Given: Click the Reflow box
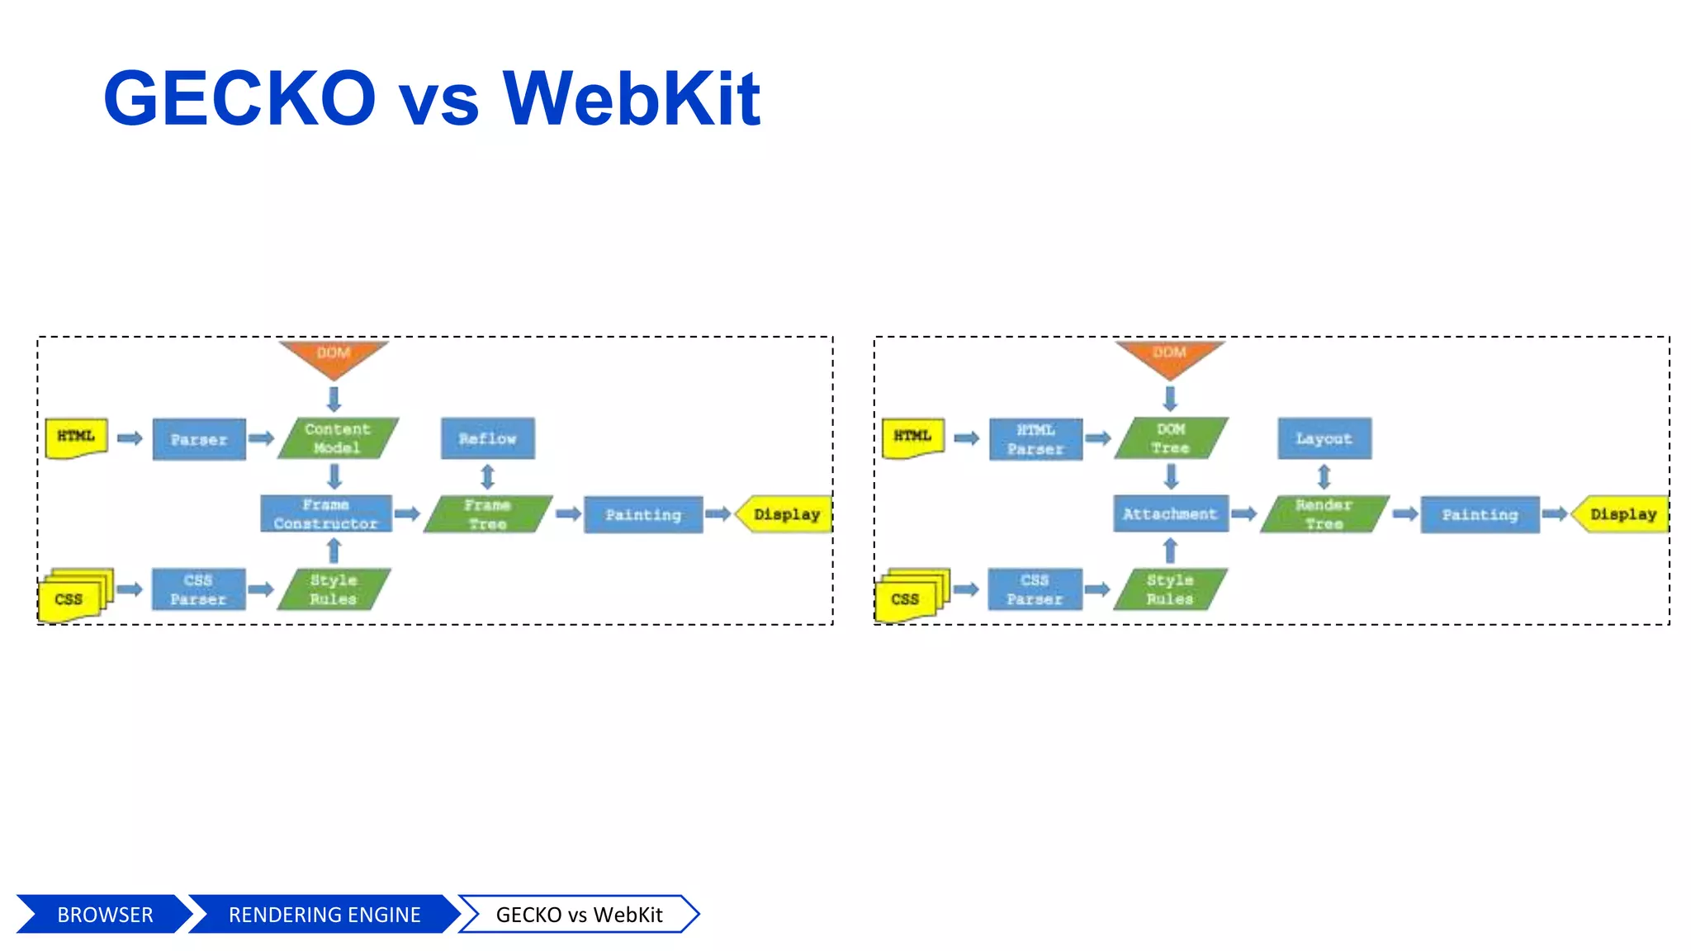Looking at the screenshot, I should coord(487,438).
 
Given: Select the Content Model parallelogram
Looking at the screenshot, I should coord(338,438).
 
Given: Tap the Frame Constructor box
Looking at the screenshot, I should coord(326,513).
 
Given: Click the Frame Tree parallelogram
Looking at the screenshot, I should coord(487,513).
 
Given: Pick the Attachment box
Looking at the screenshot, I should coord(1170,513).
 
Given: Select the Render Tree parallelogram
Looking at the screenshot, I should coord(1324,513).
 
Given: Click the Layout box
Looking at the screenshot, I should coord(1324,438).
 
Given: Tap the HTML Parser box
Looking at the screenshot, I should coord(1035,439).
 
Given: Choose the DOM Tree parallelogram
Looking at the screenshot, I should coord(1171,438).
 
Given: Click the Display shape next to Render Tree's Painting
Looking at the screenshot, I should coord(1622,513).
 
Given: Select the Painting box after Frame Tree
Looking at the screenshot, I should coord(643,514).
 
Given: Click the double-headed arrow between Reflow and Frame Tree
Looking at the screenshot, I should coord(487,476).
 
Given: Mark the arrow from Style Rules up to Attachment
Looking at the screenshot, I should coord(1170,550).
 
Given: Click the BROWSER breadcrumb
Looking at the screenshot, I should coord(105,915).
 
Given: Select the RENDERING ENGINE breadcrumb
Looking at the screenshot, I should coord(324,915).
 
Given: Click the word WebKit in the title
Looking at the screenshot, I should coord(631,99).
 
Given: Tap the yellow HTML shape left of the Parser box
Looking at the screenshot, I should coord(76,438).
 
